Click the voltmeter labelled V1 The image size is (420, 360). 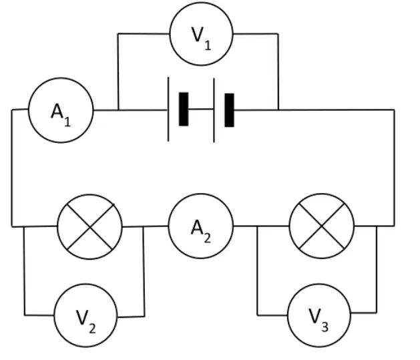(x=201, y=34)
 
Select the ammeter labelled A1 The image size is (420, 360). (x=61, y=110)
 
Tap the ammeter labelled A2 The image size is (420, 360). (x=200, y=226)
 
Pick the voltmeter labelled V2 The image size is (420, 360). (x=85, y=315)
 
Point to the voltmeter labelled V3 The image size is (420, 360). (x=319, y=315)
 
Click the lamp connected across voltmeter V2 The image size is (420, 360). (x=89, y=227)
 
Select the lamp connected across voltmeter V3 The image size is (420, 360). (x=321, y=226)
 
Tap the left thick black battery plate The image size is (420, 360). (x=184, y=109)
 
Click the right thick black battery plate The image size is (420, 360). (x=229, y=110)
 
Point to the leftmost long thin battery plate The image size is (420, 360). (x=168, y=109)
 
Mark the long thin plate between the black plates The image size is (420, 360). (x=214, y=110)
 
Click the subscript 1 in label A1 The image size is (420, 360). (x=67, y=121)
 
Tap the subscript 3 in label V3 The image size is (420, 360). (x=325, y=327)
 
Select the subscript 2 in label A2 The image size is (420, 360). (x=207, y=238)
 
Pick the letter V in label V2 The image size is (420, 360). (x=82, y=317)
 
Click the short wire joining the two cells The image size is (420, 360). (x=201, y=109)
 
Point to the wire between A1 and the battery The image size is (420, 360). (x=130, y=110)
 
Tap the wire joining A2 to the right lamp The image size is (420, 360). (x=261, y=226)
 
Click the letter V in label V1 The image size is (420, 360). (x=197, y=35)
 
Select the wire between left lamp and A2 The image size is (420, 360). (x=146, y=226)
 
